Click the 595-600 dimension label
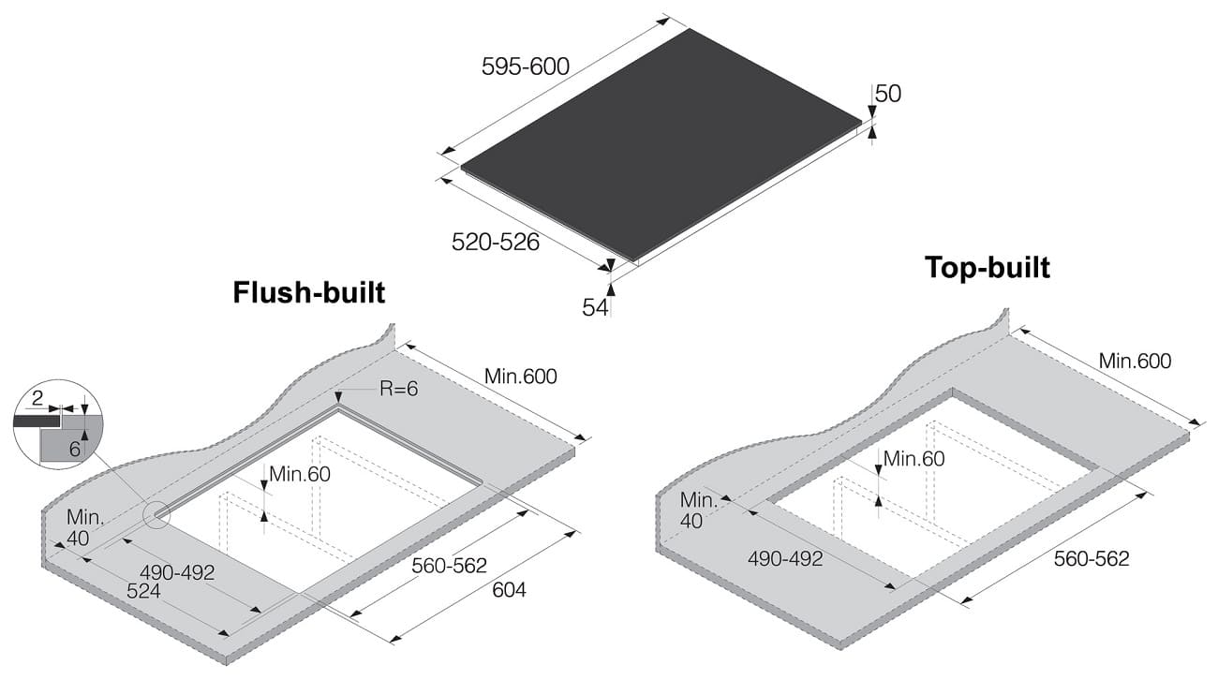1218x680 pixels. [x=526, y=67]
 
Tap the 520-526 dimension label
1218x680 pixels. [x=496, y=242]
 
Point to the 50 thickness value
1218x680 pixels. [x=888, y=94]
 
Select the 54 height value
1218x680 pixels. [x=595, y=307]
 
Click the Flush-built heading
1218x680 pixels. [x=309, y=292]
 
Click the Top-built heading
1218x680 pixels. [x=988, y=268]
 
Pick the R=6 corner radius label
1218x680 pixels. [x=398, y=389]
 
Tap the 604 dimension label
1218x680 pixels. [x=509, y=590]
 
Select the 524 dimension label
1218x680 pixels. [x=143, y=591]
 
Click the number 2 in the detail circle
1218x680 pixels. [x=37, y=399]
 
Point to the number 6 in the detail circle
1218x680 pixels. [x=75, y=449]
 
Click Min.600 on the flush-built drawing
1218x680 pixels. [x=521, y=377]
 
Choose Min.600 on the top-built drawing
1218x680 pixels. [x=1136, y=361]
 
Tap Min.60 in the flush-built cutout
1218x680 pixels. [x=300, y=474]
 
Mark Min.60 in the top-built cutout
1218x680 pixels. [x=914, y=459]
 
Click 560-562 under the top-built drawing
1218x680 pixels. [x=1092, y=559]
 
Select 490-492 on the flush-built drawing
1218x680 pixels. [x=177, y=572]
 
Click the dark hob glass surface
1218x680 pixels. [x=661, y=144]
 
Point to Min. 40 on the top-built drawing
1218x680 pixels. [x=698, y=510]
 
